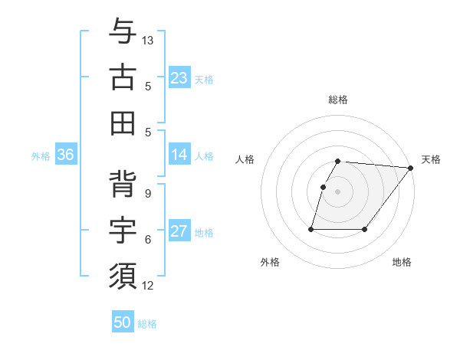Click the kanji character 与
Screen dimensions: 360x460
coord(123,32)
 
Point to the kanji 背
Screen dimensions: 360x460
coord(123,185)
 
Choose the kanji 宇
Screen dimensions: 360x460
coord(123,230)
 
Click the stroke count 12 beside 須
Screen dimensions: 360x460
coord(149,286)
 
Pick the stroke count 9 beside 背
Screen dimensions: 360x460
coord(147,193)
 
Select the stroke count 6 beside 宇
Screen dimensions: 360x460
coord(147,239)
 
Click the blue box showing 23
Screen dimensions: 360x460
coord(179,78)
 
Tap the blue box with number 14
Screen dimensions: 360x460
coord(179,155)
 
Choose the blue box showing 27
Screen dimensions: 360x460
coord(179,231)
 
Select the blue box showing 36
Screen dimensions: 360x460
coord(65,155)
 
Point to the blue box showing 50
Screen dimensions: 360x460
coord(123,322)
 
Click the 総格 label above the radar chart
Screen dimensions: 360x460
coord(337,100)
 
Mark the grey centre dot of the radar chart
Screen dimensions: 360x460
coord(337,192)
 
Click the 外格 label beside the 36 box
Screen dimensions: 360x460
coord(41,156)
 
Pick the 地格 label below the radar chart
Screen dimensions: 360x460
coord(402,262)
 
